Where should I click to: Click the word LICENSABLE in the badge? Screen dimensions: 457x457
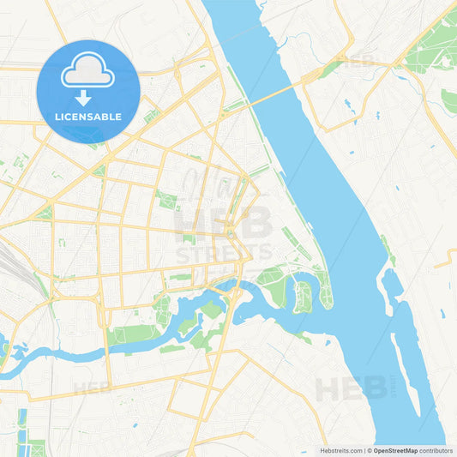pos(88,116)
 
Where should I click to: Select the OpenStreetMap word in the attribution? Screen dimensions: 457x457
pos(395,450)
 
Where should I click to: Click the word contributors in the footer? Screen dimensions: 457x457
pos(436,450)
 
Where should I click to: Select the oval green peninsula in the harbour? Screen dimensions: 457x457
pos(302,296)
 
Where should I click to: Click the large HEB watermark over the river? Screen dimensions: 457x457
pos(351,388)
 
